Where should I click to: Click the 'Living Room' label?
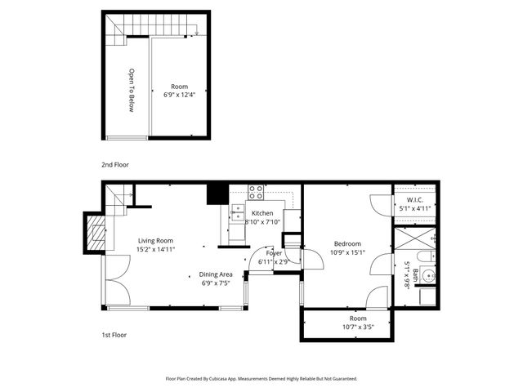tap(155, 240)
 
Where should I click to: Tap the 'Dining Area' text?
tap(216, 274)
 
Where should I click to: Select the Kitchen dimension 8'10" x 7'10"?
tap(262, 221)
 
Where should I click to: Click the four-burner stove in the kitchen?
tap(256, 194)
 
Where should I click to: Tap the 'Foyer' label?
tap(273, 254)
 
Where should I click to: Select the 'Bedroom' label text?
tap(348, 243)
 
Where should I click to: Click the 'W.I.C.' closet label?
tap(414, 199)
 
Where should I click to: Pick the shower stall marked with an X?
tap(414, 241)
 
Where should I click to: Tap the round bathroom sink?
tap(428, 274)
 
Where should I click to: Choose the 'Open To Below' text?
tap(130, 91)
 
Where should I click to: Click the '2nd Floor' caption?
tap(114, 165)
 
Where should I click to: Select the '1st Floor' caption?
tap(114, 335)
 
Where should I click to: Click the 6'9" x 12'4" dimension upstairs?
tap(178, 95)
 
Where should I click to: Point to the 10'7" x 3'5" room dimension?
tap(358, 327)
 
